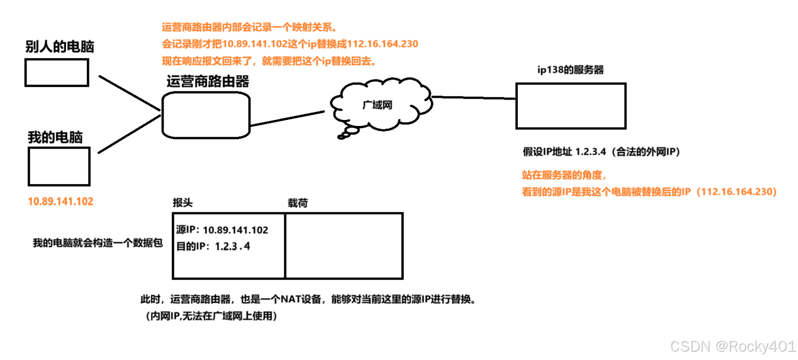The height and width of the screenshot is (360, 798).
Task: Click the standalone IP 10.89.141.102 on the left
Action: pos(61,201)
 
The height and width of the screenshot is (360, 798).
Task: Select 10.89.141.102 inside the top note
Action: pos(254,44)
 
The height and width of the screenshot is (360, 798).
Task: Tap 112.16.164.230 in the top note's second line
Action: pos(383,44)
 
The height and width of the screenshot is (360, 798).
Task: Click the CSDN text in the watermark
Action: pos(689,346)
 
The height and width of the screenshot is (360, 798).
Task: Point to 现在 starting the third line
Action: pos(168,62)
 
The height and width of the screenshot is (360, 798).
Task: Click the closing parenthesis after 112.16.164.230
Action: pos(775,192)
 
